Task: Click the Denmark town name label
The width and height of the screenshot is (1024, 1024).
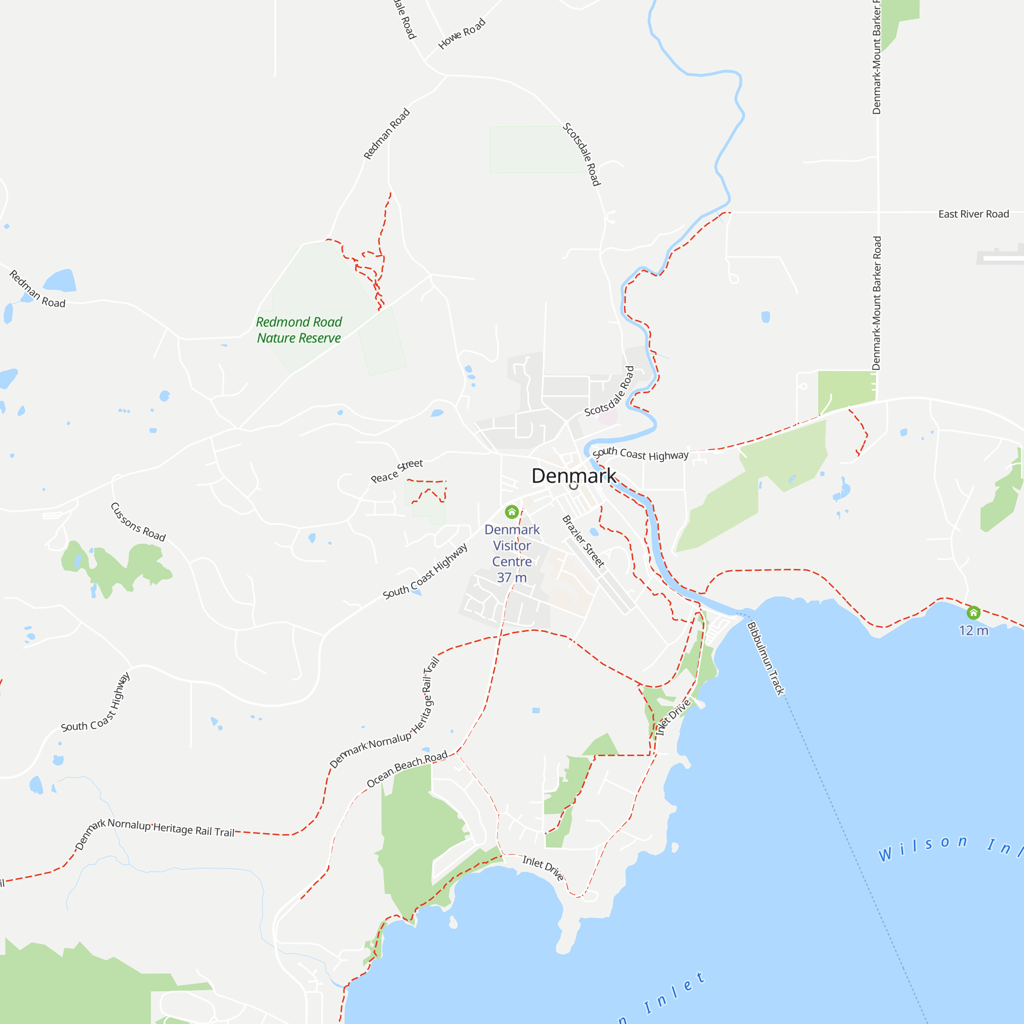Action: (573, 476)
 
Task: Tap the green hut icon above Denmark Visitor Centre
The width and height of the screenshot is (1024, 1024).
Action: (511, 511)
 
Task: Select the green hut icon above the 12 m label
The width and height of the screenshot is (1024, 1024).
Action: (973, 613)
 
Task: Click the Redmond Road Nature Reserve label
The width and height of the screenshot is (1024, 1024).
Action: (299, 330)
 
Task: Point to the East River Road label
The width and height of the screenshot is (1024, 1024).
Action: (973, 214)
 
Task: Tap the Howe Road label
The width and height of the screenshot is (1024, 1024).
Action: (462, 34)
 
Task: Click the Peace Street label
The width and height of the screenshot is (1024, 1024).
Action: (396, 471)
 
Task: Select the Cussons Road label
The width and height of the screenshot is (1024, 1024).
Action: (138, 522)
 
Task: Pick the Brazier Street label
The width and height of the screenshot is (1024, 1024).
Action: (583, 541)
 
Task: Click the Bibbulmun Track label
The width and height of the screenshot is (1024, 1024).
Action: (765, 658)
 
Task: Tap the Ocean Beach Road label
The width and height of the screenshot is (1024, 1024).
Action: (407, 769)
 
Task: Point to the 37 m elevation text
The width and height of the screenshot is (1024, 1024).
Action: (511, 577)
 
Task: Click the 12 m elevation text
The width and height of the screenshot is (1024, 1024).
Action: (973, 630)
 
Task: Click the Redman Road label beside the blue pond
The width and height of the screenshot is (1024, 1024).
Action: (37, 289)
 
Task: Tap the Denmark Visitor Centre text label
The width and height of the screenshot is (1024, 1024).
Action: (511, 545)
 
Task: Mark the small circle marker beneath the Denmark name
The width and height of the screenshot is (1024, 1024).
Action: (573, 485)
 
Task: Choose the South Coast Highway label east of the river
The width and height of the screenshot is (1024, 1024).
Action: (641, 454)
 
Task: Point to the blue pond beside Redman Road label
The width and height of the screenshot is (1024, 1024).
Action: (60, 281)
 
